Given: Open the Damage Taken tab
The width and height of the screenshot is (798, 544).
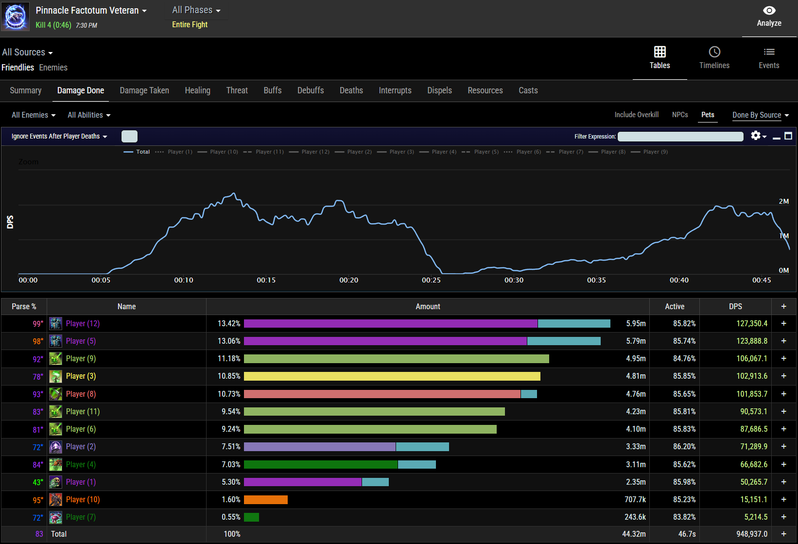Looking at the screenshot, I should coord(144,90).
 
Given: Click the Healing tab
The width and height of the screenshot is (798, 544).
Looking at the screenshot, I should coord(197,90).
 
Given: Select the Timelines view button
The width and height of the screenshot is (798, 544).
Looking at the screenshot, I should coord(714,58).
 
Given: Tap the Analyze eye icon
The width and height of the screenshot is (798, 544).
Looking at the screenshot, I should coord(769,11).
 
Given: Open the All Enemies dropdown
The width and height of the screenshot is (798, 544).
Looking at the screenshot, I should coord(34,115).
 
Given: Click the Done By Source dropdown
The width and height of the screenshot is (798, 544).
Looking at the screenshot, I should coord(760,115).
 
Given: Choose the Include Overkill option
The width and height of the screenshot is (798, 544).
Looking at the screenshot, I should coord(636,115).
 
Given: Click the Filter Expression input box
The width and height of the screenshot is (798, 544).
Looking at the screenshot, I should coord(680,137).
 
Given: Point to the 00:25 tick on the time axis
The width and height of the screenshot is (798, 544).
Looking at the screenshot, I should coord(431,280).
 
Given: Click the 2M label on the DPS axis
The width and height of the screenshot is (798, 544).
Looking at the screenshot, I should coord(783,201).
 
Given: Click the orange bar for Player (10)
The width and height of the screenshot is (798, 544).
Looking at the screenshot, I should coord(265,500).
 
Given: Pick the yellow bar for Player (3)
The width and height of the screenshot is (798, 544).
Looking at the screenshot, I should coord(392,376).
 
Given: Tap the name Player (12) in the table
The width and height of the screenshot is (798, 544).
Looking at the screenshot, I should coord(83,324).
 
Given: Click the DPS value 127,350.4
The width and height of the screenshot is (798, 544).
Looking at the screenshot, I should coord(751,324).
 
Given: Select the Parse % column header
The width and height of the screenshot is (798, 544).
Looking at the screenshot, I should coord(24,307).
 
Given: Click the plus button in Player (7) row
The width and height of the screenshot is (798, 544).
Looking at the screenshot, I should coord(783,517).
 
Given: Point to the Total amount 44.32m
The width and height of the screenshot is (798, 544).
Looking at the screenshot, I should coord(634,534).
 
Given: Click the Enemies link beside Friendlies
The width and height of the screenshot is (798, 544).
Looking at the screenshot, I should coord(53,68).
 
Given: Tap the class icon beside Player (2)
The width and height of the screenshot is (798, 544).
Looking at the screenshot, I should coord(55,447).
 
